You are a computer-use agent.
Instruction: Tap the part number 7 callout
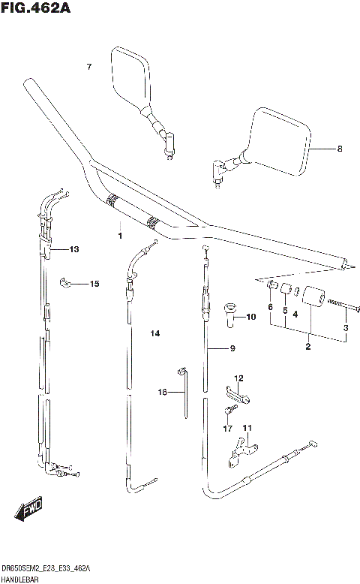point(88,68)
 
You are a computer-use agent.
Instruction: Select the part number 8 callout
point(339,149)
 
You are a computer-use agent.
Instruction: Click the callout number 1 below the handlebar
point(118,236)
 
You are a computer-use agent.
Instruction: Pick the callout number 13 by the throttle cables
point(73,249)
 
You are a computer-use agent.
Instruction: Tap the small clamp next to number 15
point(66,283)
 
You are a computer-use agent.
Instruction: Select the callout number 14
point(155,333)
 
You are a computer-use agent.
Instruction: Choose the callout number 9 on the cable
point(232,348)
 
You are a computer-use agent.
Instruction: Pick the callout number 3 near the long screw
point(346,329)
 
